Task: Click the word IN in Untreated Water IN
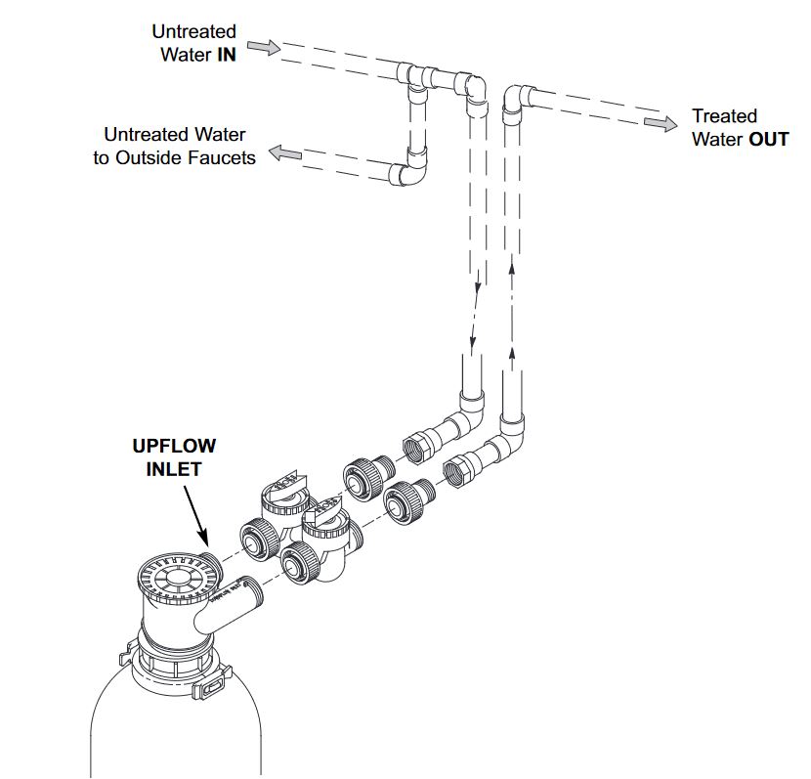(x=226, y=55)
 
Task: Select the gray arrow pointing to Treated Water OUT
(x=660, y=123)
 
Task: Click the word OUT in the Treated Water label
(x=768, y=139)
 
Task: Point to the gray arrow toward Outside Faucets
(x=286, y=152)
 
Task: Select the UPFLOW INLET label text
(x=174, y=457)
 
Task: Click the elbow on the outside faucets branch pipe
(x=411, y=170)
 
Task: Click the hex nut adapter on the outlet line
(x=459, y=470)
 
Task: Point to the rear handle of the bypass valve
(x=283, y=481)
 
